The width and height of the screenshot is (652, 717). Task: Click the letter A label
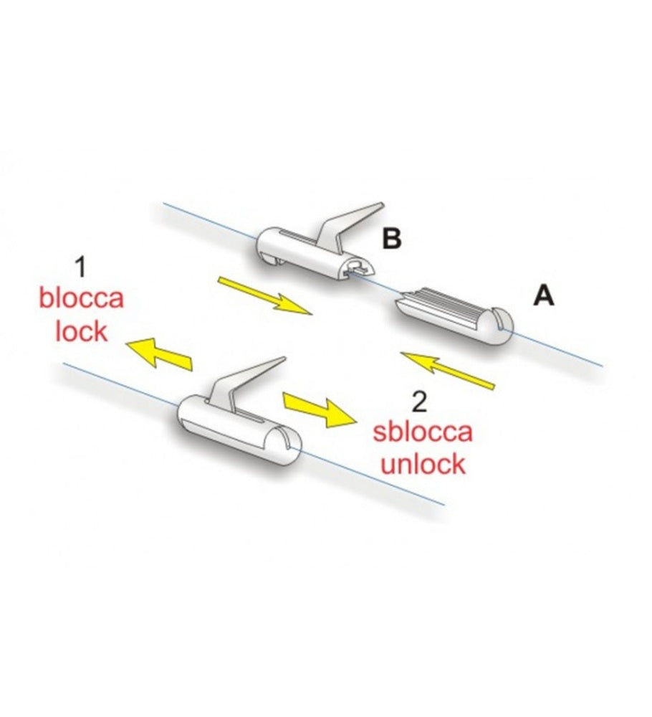pyautogui.click(x=544, y=295)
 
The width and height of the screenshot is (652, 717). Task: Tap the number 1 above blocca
pyautogui.click(x=80, y=268)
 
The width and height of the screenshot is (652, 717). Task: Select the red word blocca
pyautogui.click(x=81, y=299)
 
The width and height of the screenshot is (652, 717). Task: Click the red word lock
pyautogui.click(x=81, y=331)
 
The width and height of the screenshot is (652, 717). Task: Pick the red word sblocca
pyautogui.click(x=422, y=433)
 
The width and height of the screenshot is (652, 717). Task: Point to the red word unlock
pyautogui.click(x=422, y=465)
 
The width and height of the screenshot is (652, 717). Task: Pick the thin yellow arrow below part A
pyautogui.click(x=449, y=369)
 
